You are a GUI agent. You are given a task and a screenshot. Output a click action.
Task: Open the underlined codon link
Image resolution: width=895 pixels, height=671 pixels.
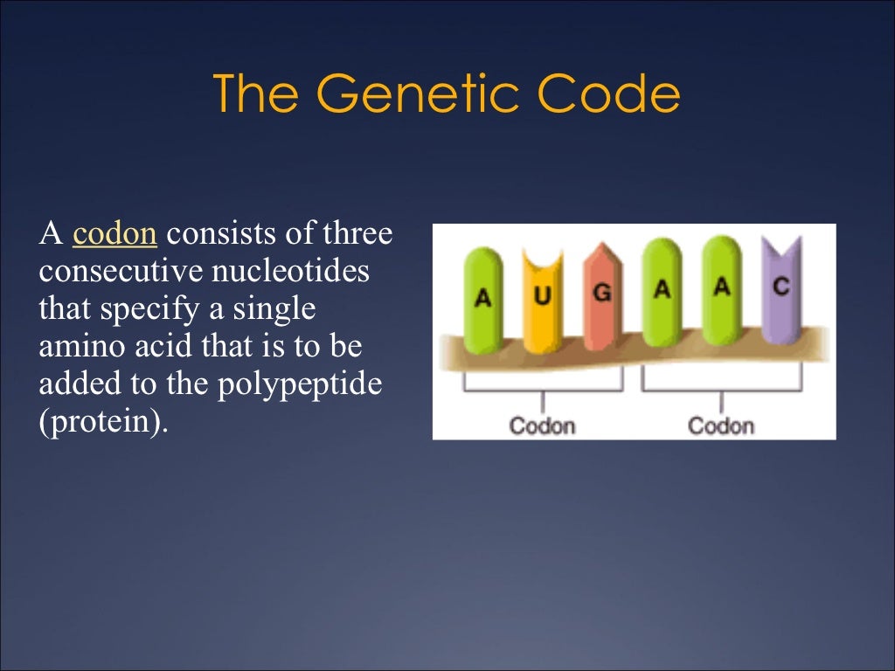[x=115, y=234]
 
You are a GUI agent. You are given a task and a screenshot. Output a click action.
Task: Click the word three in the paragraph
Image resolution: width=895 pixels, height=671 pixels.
[x=358, y=234]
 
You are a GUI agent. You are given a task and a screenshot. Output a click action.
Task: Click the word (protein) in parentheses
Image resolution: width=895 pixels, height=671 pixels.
[x=102, y=422]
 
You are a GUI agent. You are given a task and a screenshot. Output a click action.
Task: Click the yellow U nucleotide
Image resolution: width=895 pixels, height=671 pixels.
[x=543, y=297]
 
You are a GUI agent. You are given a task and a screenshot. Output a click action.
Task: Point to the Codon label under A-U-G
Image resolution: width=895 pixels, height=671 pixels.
[x=542, y=425]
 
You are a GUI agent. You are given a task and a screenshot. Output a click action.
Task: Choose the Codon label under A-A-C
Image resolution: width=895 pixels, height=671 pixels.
[x=721, y=425]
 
